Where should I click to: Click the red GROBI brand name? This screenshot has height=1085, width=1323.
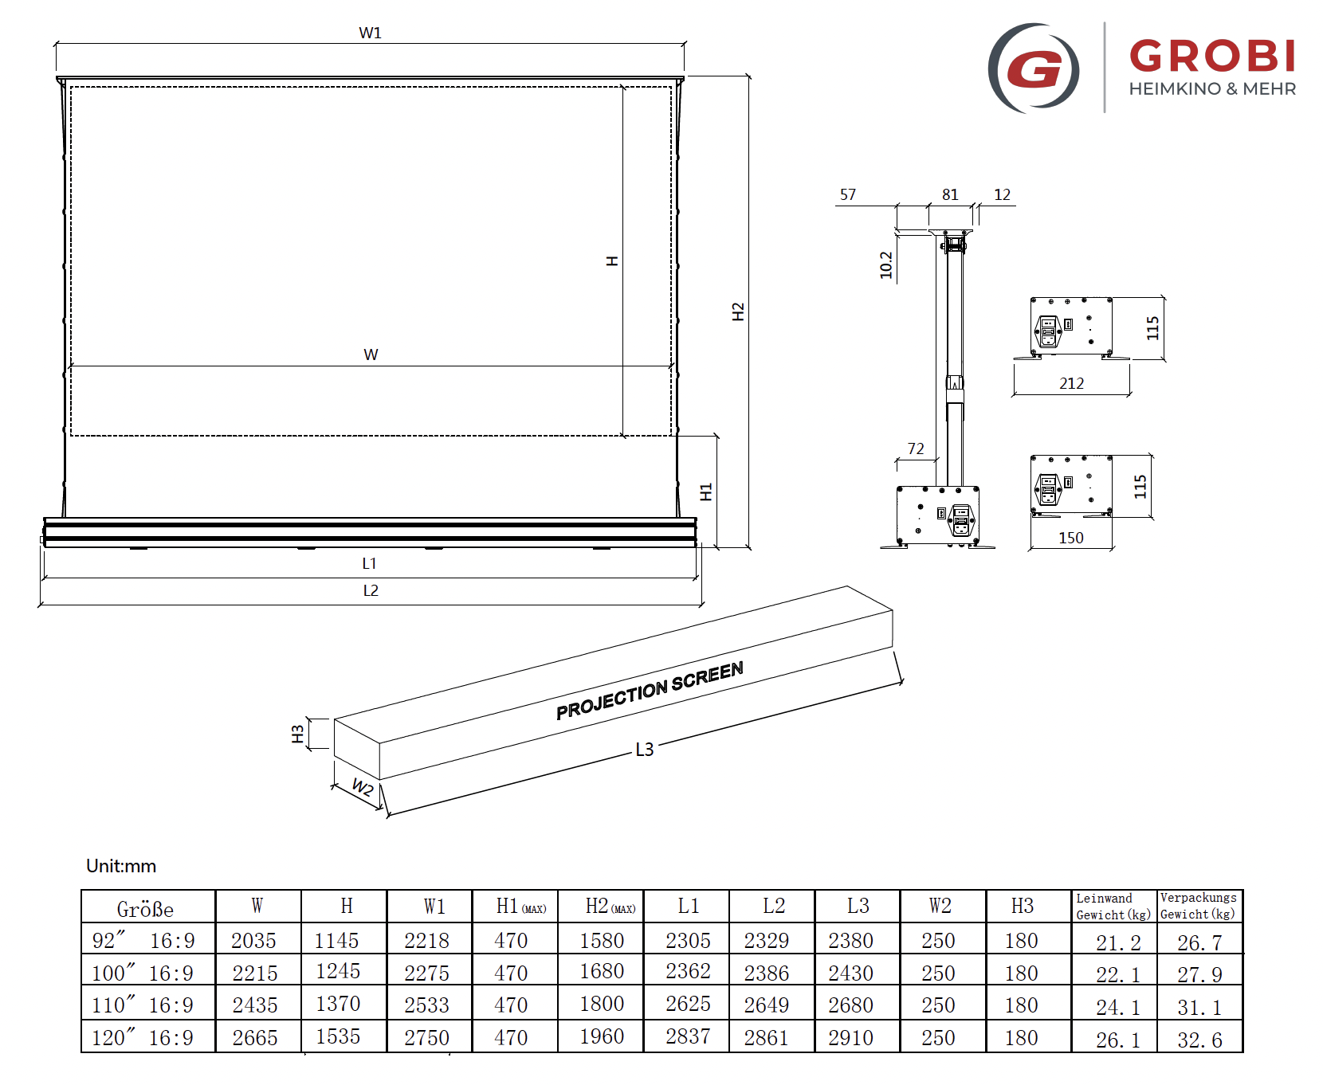1212,57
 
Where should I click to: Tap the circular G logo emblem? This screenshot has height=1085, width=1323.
1034,68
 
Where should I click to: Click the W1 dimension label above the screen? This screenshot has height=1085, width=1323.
371,33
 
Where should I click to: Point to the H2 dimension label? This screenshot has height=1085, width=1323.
738,311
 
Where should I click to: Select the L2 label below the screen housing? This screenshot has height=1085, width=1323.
371,590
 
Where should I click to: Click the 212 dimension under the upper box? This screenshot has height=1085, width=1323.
1072,383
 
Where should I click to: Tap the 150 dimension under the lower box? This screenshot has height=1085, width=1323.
1071,538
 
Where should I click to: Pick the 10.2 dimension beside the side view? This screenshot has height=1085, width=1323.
886,265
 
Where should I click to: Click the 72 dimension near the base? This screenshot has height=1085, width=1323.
916,448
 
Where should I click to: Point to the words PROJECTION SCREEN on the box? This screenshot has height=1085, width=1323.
650,691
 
